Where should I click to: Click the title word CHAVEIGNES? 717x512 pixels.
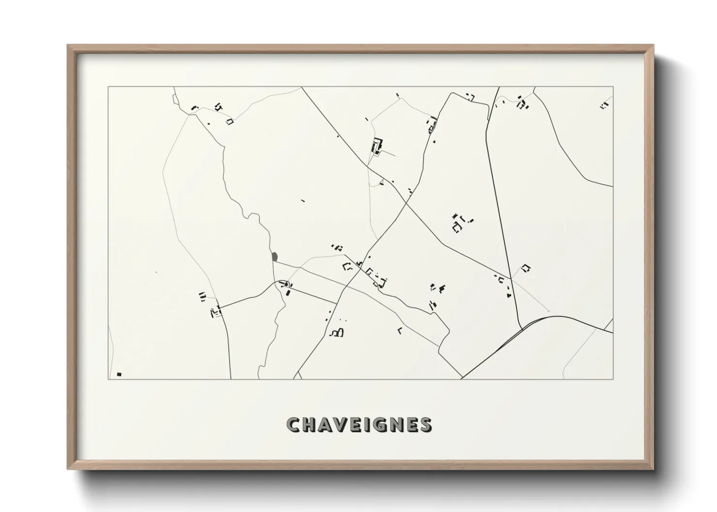359,424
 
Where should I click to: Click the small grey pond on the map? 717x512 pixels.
275,256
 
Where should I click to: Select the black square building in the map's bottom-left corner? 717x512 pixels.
119,374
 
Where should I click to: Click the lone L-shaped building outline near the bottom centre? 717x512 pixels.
400,331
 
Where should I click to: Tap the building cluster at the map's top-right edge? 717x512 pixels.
604,105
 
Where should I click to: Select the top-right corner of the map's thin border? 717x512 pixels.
613,87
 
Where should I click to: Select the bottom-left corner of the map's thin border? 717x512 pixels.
108,379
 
